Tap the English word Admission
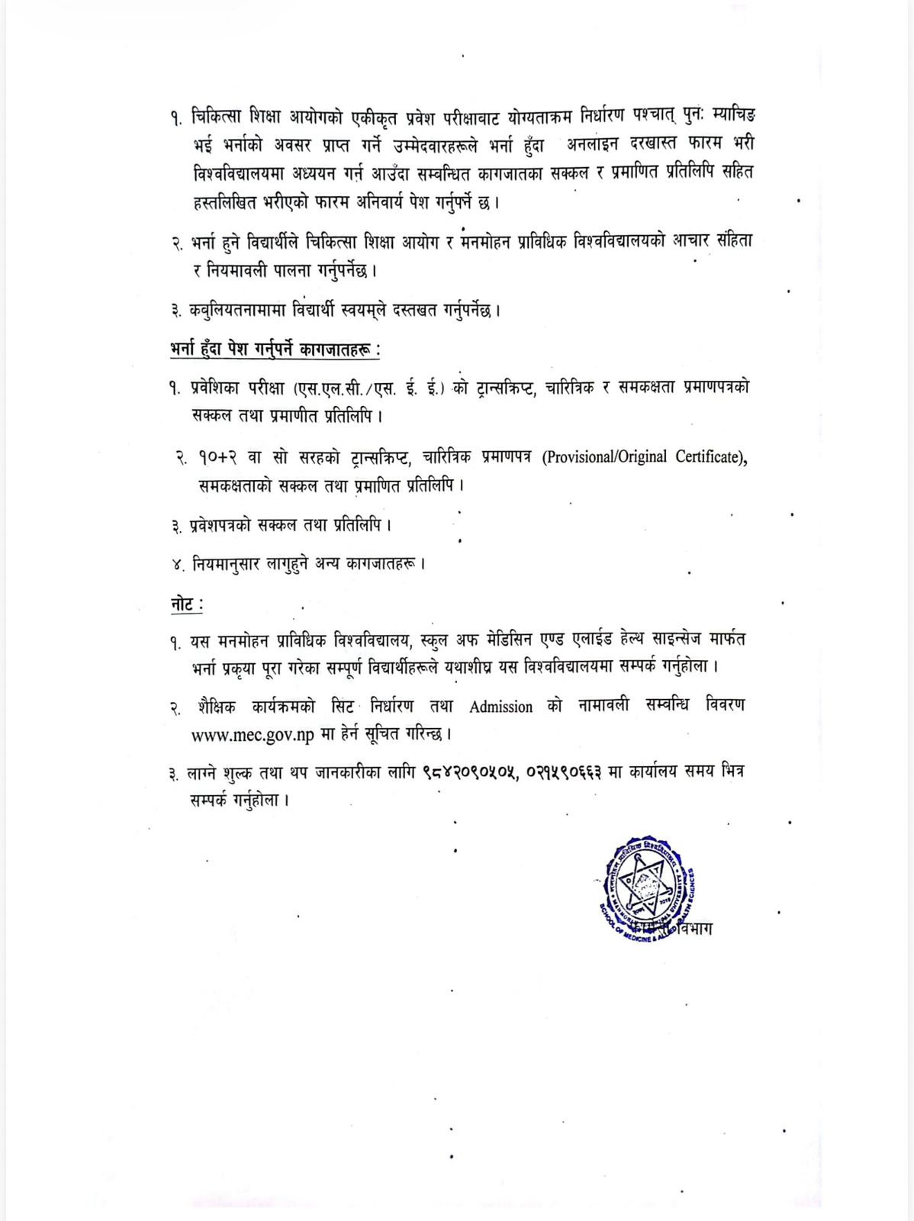pos(500,707)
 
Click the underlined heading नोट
pos(186,604)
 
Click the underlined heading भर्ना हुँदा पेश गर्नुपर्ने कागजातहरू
pos(275,350)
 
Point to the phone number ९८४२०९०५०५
pos(470,772)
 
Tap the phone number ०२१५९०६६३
pos(565,772)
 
